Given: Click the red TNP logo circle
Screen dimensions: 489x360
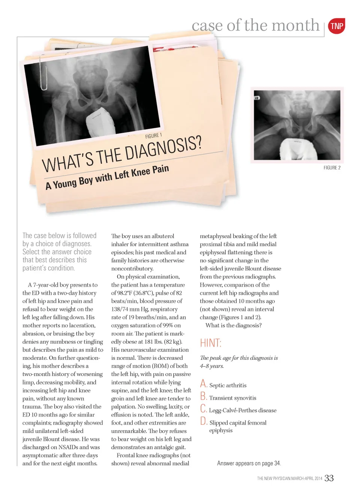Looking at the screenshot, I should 336,26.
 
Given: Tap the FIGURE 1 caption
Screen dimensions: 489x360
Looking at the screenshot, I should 153,136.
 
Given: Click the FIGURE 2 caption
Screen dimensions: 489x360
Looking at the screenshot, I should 332,168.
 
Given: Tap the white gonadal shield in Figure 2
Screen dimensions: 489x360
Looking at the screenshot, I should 297,148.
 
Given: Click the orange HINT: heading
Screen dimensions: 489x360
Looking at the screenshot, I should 211,343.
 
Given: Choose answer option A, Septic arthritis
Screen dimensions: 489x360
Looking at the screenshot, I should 228,385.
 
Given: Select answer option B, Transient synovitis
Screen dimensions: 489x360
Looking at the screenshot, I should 232,398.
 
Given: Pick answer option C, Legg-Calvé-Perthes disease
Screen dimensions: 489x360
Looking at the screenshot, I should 242,410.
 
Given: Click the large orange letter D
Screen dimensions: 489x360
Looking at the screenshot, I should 204,421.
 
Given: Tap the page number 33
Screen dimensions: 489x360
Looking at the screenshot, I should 329,478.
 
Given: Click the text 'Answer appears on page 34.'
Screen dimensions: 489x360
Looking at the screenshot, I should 249,464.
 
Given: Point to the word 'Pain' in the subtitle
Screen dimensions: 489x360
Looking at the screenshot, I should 160,169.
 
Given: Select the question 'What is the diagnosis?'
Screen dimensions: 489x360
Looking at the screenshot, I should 233,325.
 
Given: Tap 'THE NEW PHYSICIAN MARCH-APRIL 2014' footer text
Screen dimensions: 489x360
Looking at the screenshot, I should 289,479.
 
